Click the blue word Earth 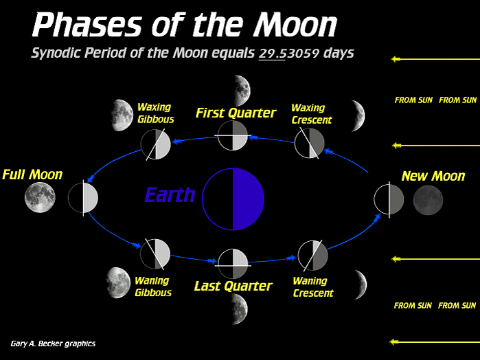170,195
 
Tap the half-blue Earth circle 233,199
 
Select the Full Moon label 32,175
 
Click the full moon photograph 40,197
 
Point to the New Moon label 433,176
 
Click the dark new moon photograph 428,200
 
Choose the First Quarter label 236,113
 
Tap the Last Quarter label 233,286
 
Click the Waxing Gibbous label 155,113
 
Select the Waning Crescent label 313,286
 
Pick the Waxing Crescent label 311,114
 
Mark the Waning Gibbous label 153,286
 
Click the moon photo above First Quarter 242,91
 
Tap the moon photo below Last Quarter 240,309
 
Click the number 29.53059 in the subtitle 288,54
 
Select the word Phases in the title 86,25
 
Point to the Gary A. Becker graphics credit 53,344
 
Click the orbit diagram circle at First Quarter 233,135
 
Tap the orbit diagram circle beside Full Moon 83,198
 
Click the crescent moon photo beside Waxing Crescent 358,116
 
